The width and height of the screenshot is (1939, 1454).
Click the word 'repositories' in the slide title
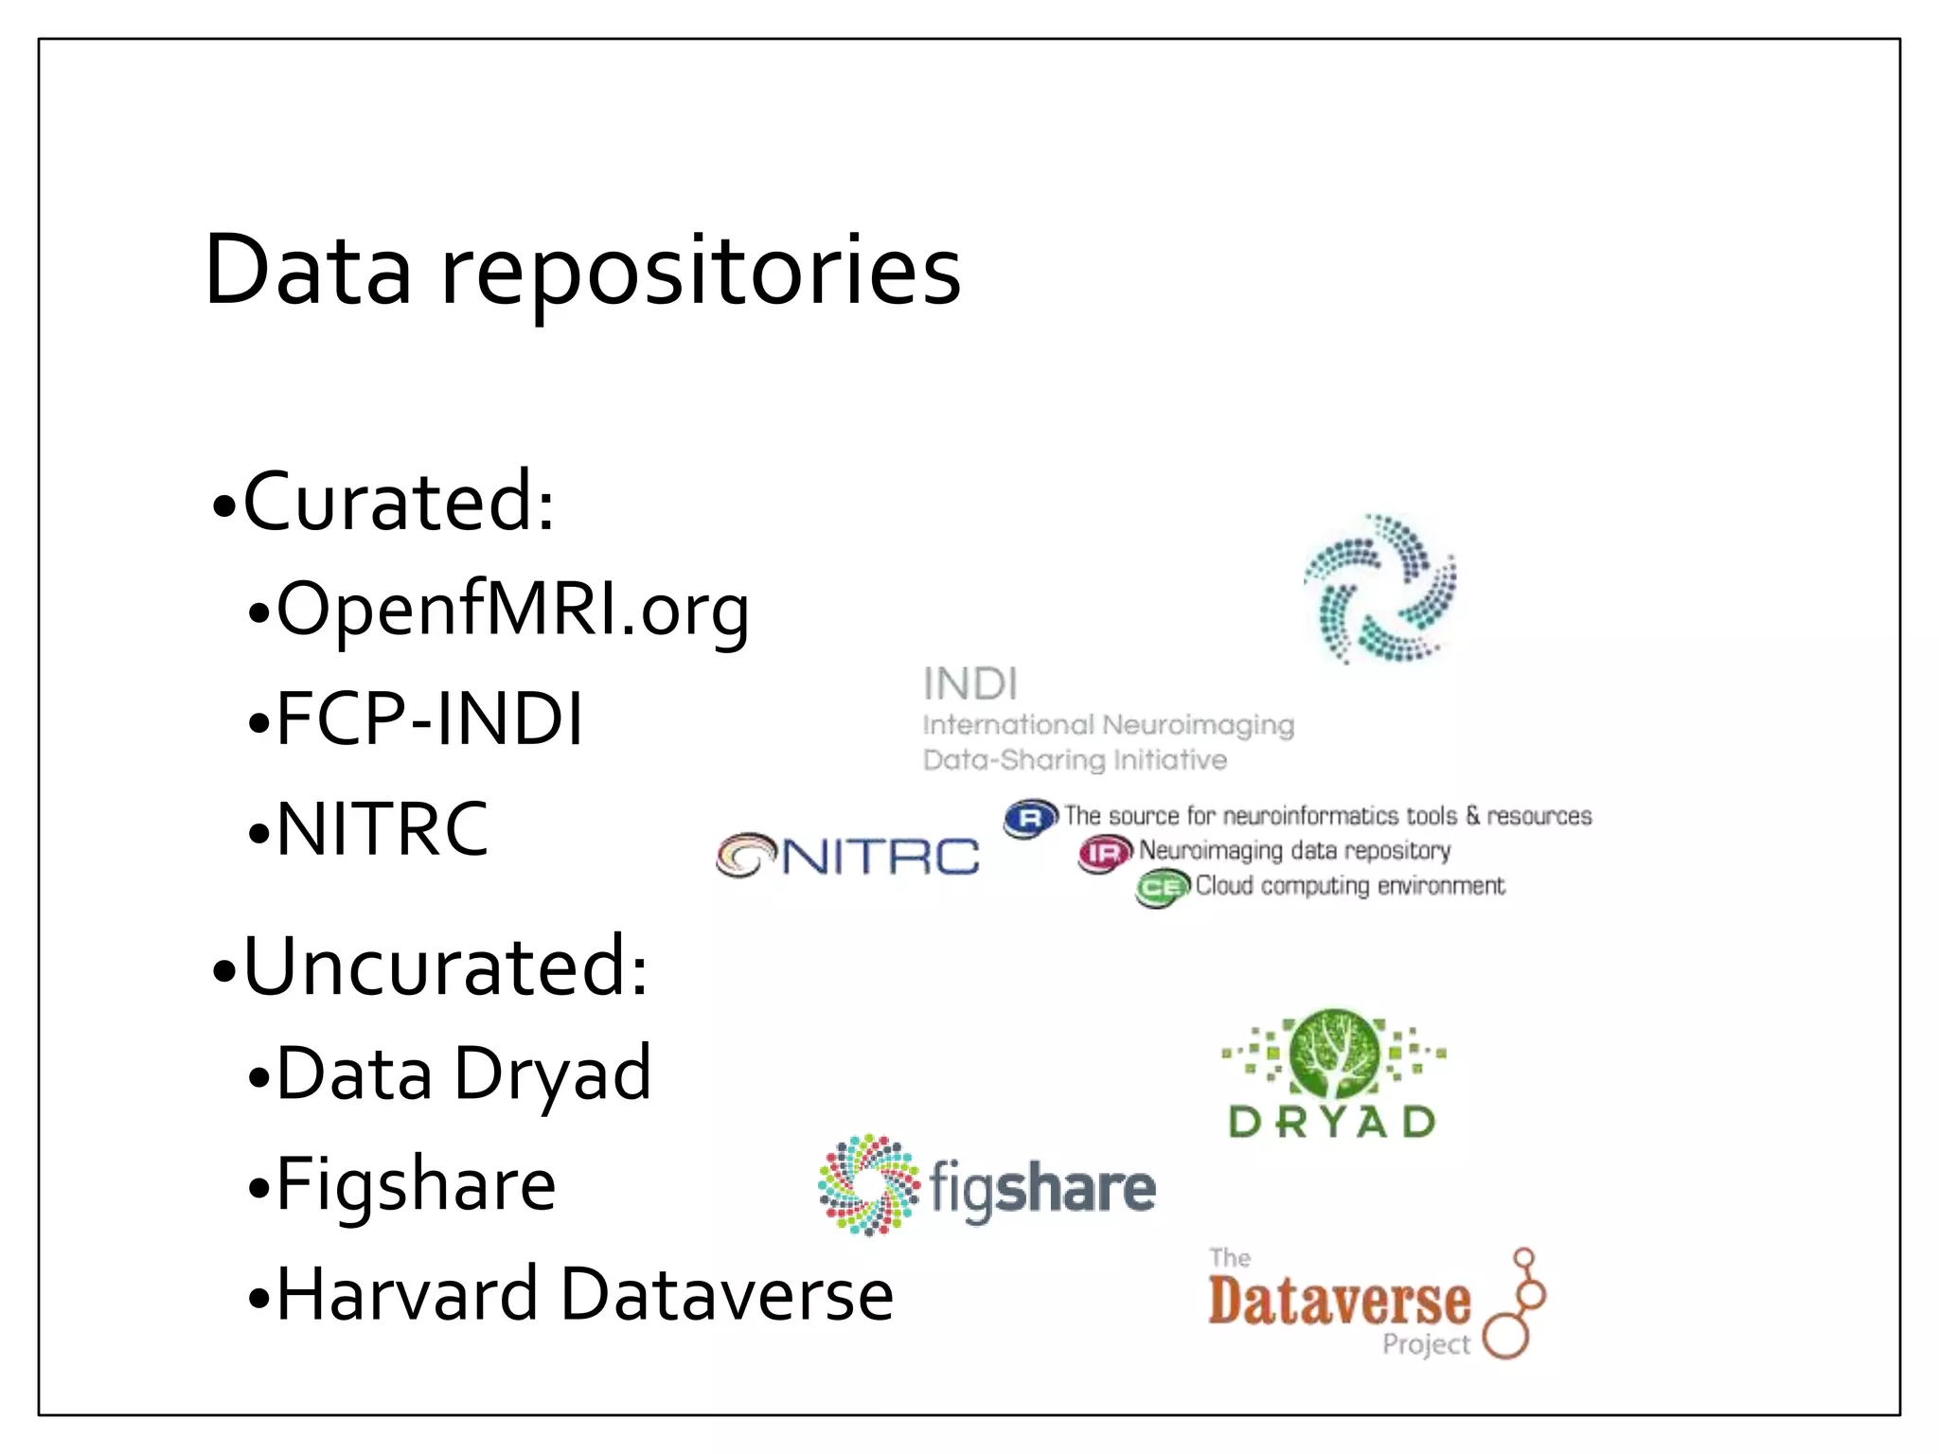701,272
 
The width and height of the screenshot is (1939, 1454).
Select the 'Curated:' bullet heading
398,502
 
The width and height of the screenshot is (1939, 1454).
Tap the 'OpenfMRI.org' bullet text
512,611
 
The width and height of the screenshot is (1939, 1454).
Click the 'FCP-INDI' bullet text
429,719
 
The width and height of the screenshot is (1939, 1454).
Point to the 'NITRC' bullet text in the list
382,829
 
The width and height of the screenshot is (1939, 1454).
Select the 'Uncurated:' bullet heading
445,966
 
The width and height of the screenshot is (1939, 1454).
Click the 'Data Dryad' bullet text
463,1074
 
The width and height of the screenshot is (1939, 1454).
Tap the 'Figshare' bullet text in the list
416,1184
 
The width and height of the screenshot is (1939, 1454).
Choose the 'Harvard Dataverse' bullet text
584,1294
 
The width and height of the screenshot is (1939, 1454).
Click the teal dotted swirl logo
1380,589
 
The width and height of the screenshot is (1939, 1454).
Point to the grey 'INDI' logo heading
970,683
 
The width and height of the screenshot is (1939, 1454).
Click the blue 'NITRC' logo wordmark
881,857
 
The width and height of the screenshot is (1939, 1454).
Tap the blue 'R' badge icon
1030,818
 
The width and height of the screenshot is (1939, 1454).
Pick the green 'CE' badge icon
1162,888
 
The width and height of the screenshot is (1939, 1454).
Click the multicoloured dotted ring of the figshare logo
868,1184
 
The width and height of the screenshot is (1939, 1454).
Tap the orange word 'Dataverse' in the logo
1339,1302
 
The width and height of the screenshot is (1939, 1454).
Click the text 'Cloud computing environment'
1349,886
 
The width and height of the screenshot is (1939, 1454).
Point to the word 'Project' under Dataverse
1426,1344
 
